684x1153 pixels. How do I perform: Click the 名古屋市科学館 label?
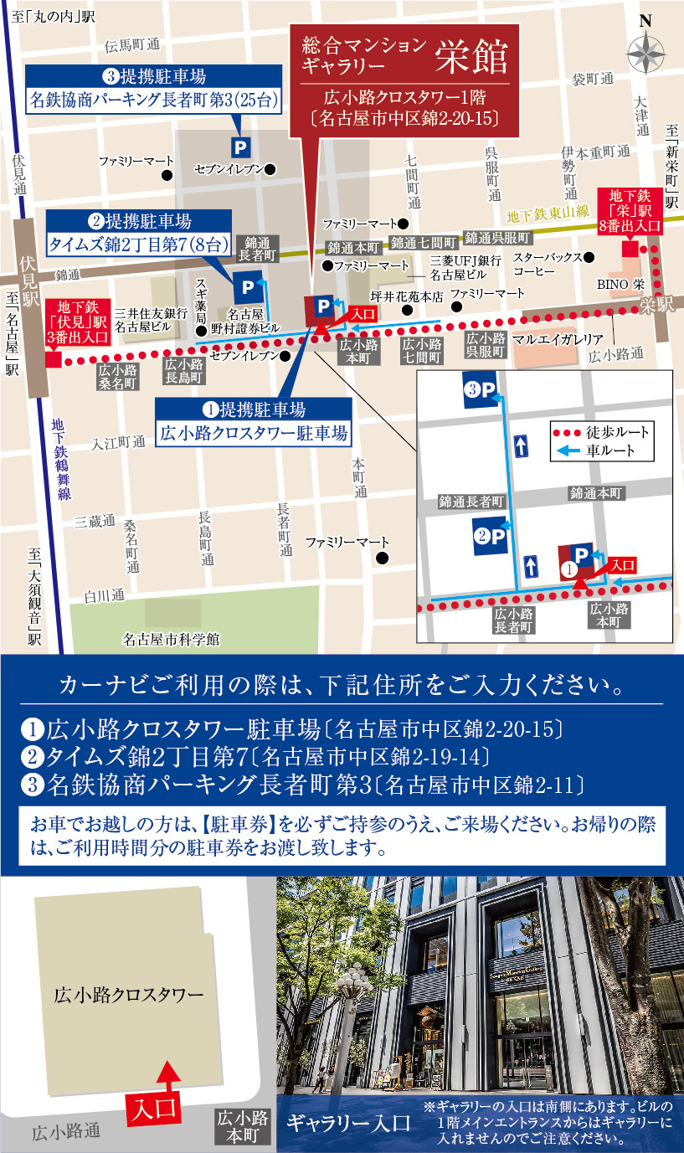pos(171,639)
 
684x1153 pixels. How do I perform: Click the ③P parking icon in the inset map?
pos(482,390)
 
